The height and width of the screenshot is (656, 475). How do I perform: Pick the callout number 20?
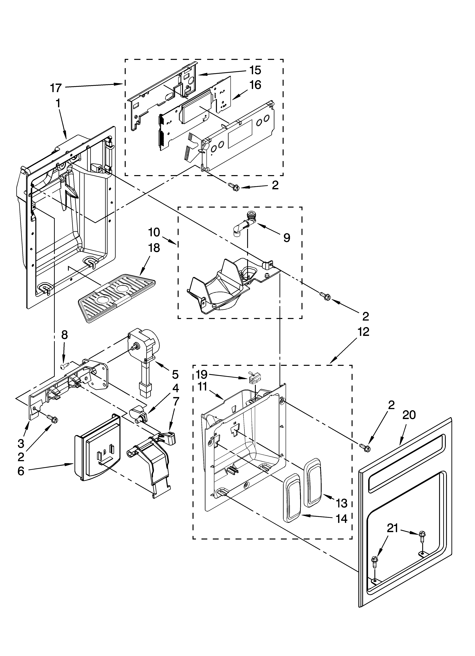(409, 415)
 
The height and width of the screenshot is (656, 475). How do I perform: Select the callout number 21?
(393, 528)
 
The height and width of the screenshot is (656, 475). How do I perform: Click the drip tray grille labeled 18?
(116, 298)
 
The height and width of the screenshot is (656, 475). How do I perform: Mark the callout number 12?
(363, 332)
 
